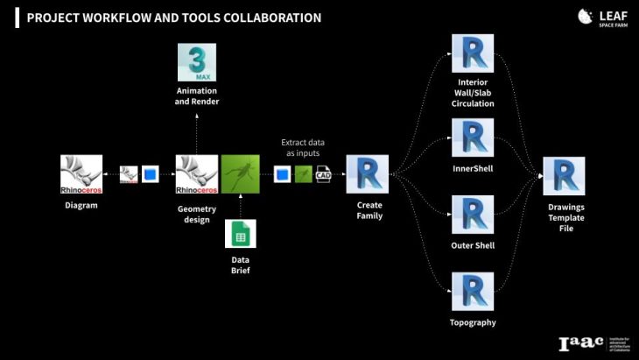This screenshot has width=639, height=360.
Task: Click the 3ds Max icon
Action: pos(197,62)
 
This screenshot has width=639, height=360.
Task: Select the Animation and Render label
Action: pos(197,96)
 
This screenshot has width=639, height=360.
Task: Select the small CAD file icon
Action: pos(323,174)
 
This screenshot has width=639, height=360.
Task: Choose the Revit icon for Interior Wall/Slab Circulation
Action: pos(473,54)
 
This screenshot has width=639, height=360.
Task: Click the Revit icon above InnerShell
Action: pos(473,138)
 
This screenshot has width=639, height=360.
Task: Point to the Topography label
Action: pos(473,322)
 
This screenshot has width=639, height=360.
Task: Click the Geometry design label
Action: pos(197,215)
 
